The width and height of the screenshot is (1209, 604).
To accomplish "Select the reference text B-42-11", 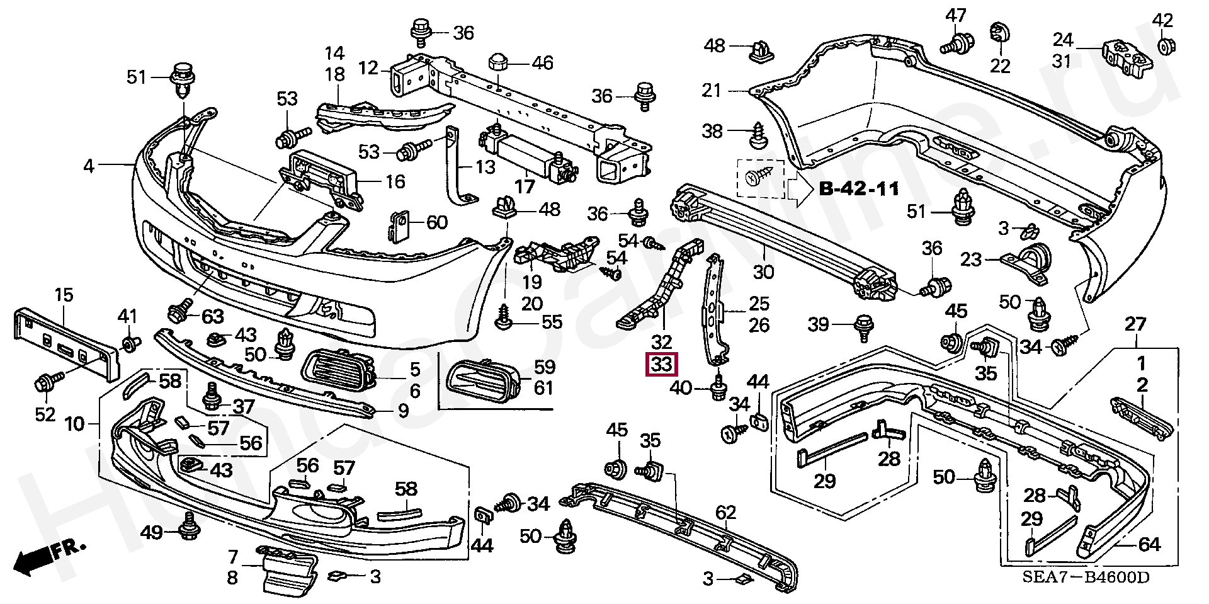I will point(859,188).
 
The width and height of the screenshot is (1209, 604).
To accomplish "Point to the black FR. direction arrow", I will point(35,559).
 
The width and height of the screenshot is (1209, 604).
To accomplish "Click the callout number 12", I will point(368,67).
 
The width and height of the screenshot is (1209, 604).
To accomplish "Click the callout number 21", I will point(711,91).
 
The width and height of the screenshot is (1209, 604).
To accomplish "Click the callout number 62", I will point(725,513).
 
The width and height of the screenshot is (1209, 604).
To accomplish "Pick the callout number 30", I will point(763,272).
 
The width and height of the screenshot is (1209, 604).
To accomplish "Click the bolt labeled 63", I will point(178,311).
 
